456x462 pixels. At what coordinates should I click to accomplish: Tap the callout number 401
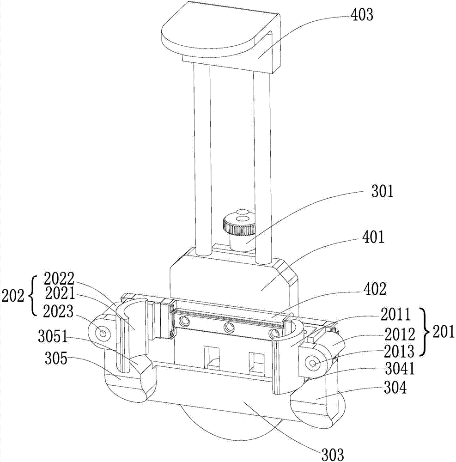(x=373, y=238)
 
